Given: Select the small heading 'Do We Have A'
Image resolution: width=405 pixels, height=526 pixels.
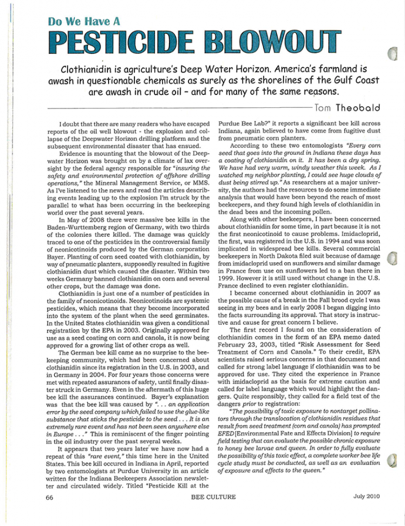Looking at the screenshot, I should (x=86, y=22).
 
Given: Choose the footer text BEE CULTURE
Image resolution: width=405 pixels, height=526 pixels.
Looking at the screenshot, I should (x=213, y=497).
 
